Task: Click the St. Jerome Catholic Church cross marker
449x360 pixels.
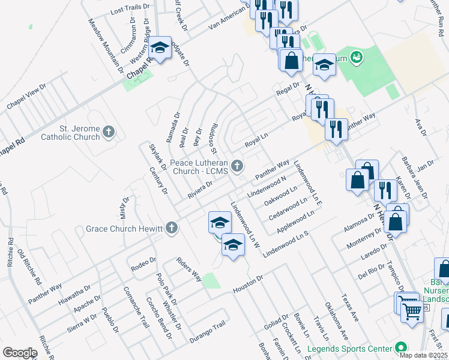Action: point(109,131)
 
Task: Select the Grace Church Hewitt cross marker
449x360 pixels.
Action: point(172,228)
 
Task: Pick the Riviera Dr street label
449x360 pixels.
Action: point(200,188)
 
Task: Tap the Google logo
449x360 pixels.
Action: point(20,353)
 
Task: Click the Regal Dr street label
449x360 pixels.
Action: point(287,91)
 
